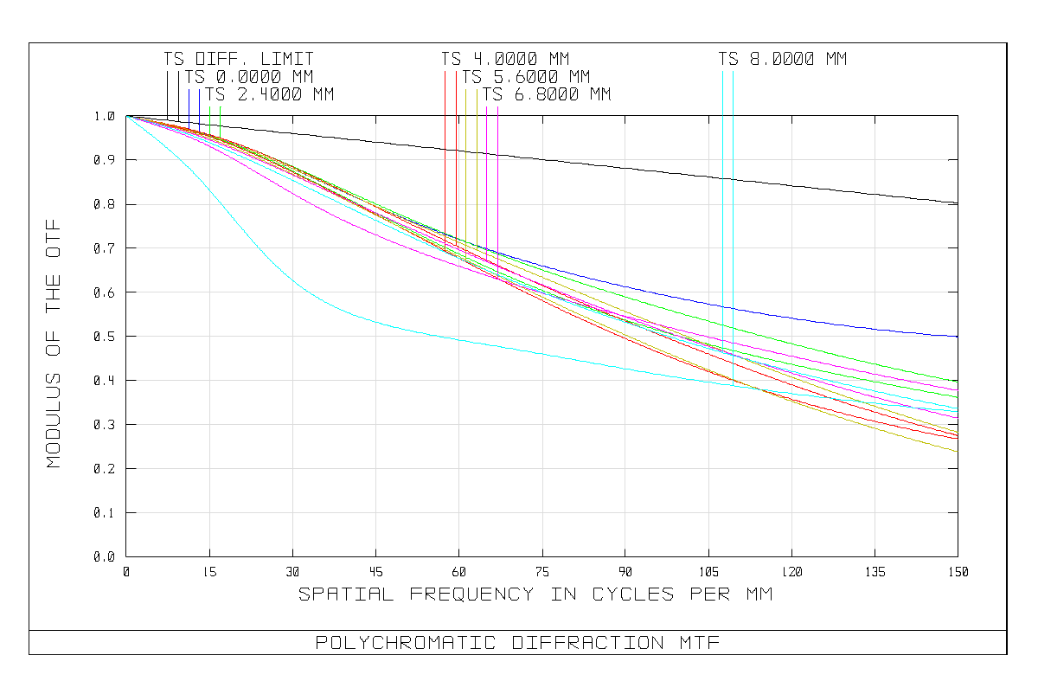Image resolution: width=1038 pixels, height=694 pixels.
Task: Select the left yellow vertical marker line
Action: (x=466, y=164)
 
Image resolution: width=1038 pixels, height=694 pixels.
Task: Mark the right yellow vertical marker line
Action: (x=477, y=164)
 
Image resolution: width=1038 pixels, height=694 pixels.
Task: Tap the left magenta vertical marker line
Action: (x=487, y=173)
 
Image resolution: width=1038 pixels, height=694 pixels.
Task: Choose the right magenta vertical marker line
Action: (x=497, y=173)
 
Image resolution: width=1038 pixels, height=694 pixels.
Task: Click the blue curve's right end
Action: (x=956, y=336)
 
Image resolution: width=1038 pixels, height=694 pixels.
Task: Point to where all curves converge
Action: (x=127, y=116)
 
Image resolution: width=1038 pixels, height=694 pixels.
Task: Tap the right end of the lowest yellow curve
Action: (x=957, y=451)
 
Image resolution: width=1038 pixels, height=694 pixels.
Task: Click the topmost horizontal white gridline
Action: (x=605, y=159)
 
